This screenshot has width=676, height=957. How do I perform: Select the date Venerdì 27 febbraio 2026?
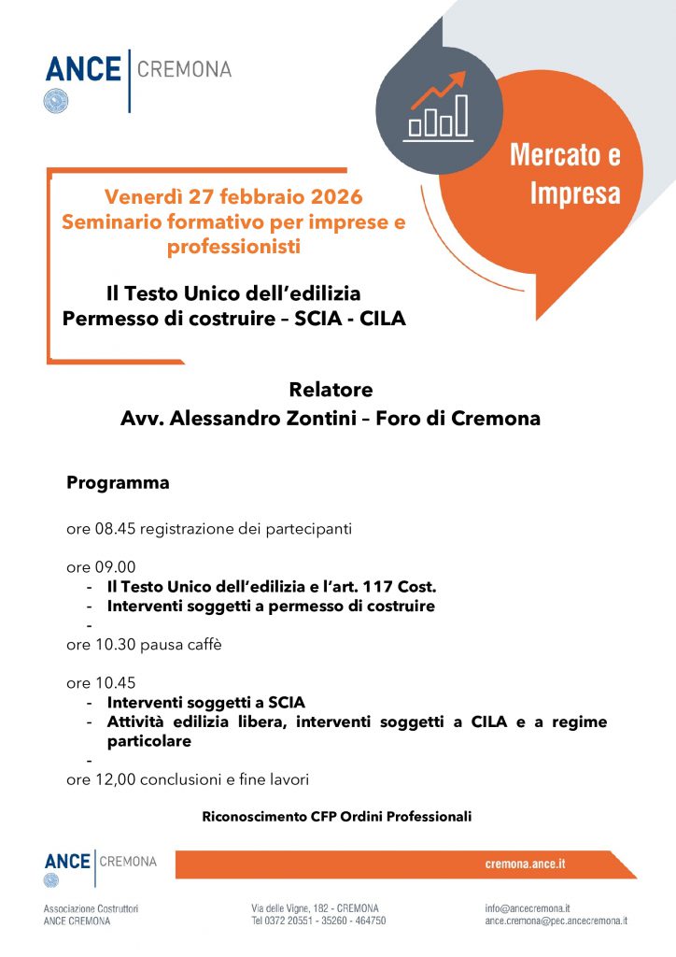coord(233,197)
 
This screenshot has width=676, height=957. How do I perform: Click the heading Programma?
coord(118,483)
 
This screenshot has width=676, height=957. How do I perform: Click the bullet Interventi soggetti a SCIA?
coord(206,702)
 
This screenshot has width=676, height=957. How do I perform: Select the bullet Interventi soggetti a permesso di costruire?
coord(271,606)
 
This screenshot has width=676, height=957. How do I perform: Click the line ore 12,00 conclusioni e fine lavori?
coord(187,778)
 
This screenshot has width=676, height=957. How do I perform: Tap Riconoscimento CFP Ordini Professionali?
coord(337,817)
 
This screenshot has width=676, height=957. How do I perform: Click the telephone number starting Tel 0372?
coord(318,921)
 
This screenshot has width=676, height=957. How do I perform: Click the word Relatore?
coord(331,390)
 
